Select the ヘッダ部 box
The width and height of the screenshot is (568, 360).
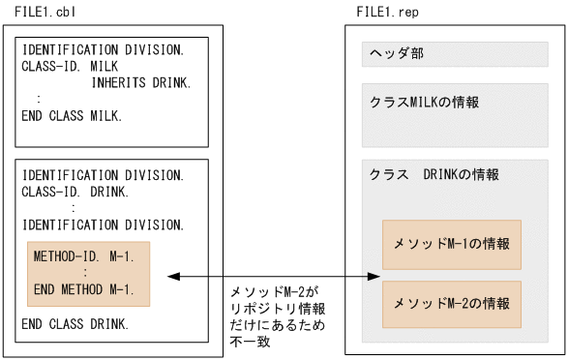click(x=455, y=54)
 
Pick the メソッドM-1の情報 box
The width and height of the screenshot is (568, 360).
click(x=452, y=244)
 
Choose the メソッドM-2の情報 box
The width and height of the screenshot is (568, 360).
click(x=452, y=304)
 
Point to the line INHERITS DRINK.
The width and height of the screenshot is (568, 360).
click(x=141, y=82)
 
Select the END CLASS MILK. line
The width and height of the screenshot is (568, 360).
click(x=72, y=116)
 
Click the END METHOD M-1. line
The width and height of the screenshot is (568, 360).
click(x=83, y=289)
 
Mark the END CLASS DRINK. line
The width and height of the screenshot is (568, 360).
click(x=75, y=323)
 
